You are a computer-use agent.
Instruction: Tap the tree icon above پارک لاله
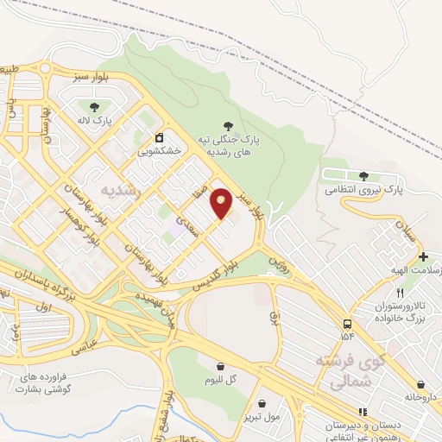tap(94, 107)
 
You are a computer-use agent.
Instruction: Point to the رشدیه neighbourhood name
tap(119, 187)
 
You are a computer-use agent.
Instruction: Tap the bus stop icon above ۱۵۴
tap(347, 323)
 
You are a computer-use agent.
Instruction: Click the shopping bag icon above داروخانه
tap(420, 385)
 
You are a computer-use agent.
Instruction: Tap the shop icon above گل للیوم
tap(220, 366)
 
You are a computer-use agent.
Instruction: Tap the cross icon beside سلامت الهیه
tap(422, 257)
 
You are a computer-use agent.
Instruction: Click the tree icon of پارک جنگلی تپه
tap(228, 126)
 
